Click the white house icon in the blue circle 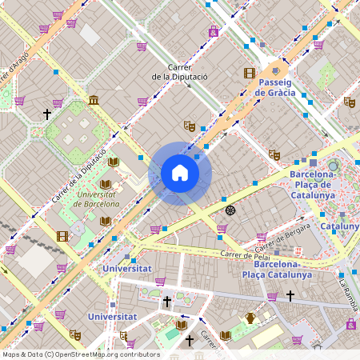180,173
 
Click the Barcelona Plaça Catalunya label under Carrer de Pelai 282,269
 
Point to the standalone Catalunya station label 340,226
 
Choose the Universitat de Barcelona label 96,198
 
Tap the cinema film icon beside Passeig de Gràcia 249,73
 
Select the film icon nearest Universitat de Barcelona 62,236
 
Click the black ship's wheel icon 230,210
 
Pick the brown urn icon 250,318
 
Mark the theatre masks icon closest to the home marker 189,126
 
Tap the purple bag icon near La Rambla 351,324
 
